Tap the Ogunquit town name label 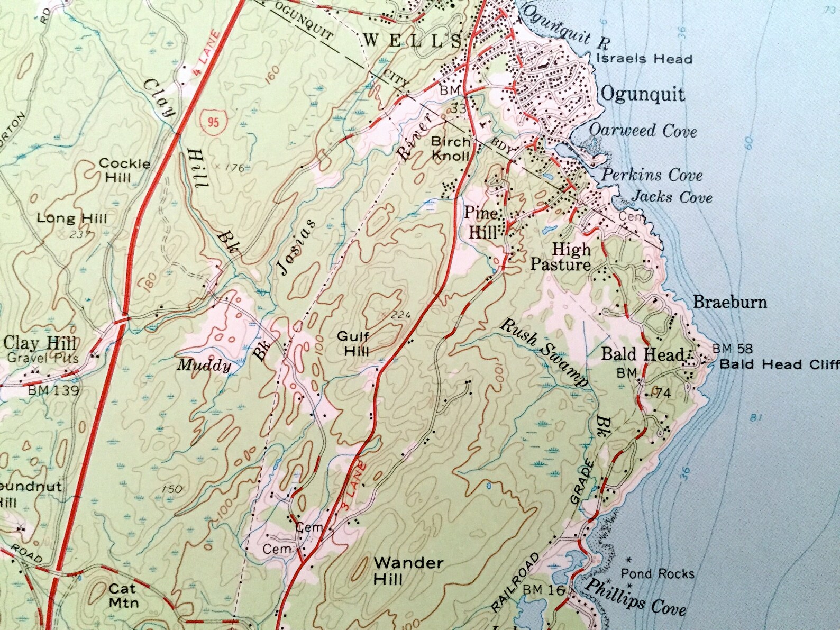[643, 94]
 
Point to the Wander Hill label [408, 571]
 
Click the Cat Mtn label [123, 596]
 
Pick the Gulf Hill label [353, 343]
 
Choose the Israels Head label [644, 59]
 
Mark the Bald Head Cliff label [779, 364]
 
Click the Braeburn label [729, 302]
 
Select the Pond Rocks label [657, 573]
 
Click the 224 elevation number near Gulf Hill [401, 315]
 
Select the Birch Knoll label [450, 149]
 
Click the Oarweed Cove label [643, 130]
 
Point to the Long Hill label [72, 218]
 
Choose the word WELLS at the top [413, 40]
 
